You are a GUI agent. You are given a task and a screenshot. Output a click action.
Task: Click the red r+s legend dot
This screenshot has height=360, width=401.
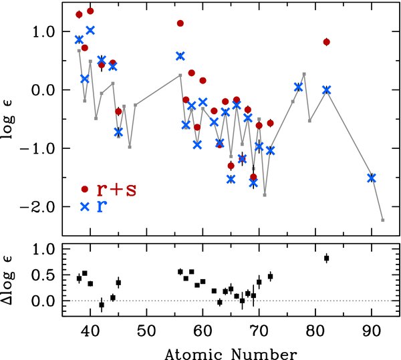[x=84, y=189]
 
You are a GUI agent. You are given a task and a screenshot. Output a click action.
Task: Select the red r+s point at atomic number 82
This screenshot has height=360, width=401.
[x=327, y=41]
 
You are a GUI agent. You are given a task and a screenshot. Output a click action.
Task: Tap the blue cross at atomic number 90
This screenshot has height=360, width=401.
[x=372, y=178]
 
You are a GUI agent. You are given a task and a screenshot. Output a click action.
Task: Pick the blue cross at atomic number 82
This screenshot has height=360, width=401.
[x=327, y=89]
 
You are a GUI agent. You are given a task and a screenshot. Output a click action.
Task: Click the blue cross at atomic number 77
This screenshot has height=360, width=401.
[x=299, y=87]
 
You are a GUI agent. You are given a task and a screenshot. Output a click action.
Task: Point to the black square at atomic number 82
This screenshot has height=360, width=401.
[x=327, y=258]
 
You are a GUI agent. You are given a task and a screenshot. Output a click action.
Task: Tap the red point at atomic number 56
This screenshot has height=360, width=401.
[x=180, y=23]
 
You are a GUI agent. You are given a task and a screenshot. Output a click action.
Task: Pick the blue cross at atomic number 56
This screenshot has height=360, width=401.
[x=180, y=56]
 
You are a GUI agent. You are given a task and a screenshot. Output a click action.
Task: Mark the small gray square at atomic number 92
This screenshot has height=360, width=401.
[x=383, y=220]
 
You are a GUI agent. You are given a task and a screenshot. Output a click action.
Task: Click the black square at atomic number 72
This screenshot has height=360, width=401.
[x=271, y=276]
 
